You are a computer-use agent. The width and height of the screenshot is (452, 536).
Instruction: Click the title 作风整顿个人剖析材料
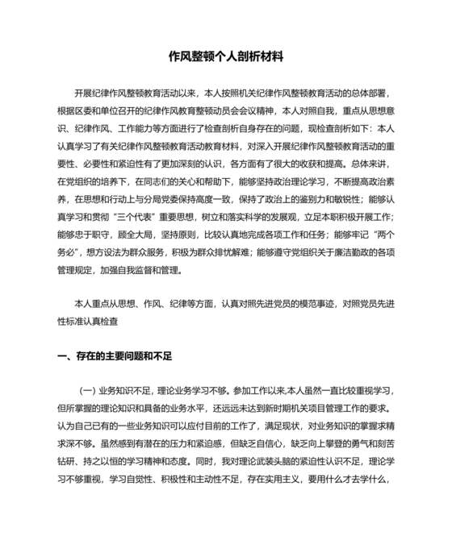point(226,57)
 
